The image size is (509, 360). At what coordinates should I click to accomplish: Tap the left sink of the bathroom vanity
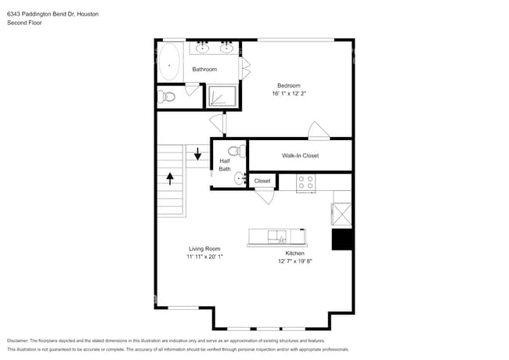tap(203, 49)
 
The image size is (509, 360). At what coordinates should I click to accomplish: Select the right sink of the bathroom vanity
tap(226, 49)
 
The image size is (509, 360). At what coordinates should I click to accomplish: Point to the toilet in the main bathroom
tap(165, 97)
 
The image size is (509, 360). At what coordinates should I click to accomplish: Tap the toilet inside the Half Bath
tap(233, 151)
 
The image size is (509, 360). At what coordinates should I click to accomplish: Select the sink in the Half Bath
tap(240, 179)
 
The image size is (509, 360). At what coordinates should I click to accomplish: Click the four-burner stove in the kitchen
tap(305, 182)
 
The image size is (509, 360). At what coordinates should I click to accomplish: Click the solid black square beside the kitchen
tap(342, 239)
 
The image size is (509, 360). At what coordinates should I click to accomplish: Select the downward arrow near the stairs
tap(197, 154)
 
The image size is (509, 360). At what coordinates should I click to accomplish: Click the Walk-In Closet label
tap(301, 156)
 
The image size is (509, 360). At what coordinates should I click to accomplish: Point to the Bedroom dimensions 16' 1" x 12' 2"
tap(289, 93)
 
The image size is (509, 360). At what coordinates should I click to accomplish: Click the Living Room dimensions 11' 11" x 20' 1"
tap(204, 257)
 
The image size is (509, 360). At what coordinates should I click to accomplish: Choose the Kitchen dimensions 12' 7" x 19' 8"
tap(294, 261)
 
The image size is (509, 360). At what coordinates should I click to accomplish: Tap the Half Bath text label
tap(225, 165)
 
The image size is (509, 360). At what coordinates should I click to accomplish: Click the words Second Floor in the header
tap(23, 23)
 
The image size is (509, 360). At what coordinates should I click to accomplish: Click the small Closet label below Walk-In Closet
tap(262, 181)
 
